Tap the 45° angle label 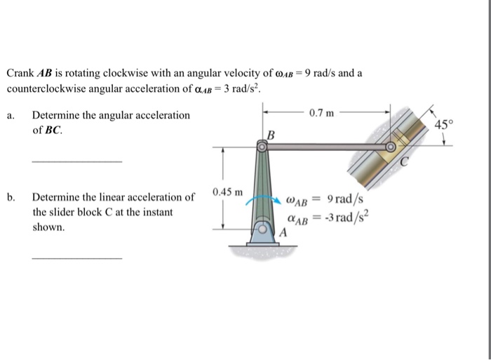pyautogui.click(x=445, y=125)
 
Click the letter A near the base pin pyautogui.click(x=284, y=232)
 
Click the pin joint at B pyautogui.click(x=262, y=147)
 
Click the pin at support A pyautogui.click(x=262, y=229)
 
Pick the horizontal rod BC pyautogui.click(x=326, y=147)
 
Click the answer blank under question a pyautogui.click(x=76, y=161)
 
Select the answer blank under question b pyautogui.click(x=76, y=258)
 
